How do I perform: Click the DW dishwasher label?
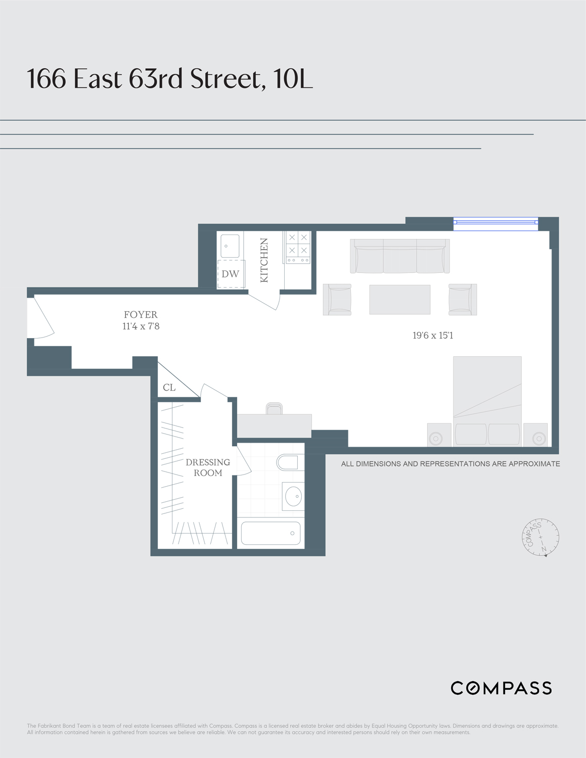point(231,274)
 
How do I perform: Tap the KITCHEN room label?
point(264,260)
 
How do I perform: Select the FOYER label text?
point(141,314)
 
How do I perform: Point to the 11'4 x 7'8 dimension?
point(141,326)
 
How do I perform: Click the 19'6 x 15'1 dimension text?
point(433,336)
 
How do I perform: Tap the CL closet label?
point(169,388)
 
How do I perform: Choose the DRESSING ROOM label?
point(208,467)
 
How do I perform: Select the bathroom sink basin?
point(293,496)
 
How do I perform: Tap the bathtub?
point(271,533)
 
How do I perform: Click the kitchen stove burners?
point(298,245)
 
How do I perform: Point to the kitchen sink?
point(230,246)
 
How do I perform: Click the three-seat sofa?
point(400,256)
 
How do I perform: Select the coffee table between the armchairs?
point(399,300)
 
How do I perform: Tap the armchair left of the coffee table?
point(337,300)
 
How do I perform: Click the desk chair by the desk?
point(274,408)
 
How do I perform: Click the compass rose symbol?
point(540,537)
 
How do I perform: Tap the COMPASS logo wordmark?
point(501,688)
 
